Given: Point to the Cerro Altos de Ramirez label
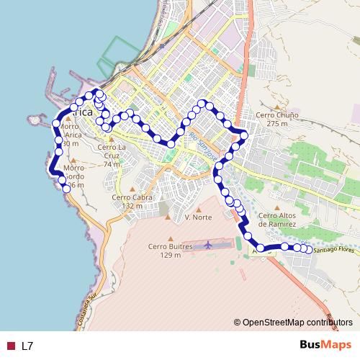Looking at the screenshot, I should tap(277, 219).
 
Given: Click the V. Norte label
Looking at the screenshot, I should tap(197, 217).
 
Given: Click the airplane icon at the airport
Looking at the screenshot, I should tap(209, 245).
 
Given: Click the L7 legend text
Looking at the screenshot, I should tap(27, 346).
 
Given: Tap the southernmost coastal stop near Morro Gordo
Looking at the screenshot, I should tap(66, 188).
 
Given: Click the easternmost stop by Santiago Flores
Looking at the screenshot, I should tap(310, 250).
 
